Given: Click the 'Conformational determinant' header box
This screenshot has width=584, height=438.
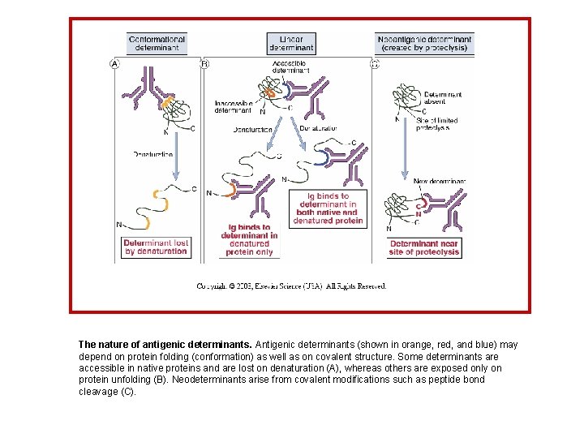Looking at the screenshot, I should [157, 43].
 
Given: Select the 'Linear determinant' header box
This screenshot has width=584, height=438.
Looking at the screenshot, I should [291, 43].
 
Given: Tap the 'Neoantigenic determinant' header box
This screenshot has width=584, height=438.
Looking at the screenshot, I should [425, 43].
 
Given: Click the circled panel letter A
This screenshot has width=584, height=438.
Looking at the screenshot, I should [114, 63].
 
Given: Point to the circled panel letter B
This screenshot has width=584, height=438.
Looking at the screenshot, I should [204, 63].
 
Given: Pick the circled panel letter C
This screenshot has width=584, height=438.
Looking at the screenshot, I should [374, 63].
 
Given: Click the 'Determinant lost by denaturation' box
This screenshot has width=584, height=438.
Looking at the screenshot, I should [156, 247].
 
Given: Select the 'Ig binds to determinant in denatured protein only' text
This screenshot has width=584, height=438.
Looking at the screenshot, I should [249, 241].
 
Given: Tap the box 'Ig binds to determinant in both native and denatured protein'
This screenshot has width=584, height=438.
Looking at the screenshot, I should [328, 208].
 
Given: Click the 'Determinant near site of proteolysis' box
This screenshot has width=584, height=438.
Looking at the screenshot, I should [425, 247].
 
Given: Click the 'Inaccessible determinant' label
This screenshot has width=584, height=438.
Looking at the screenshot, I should [233, 106].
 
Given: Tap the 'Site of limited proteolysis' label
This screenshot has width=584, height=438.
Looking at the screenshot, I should [437, 124].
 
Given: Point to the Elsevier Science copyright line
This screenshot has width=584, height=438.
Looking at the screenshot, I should [291, 286].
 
